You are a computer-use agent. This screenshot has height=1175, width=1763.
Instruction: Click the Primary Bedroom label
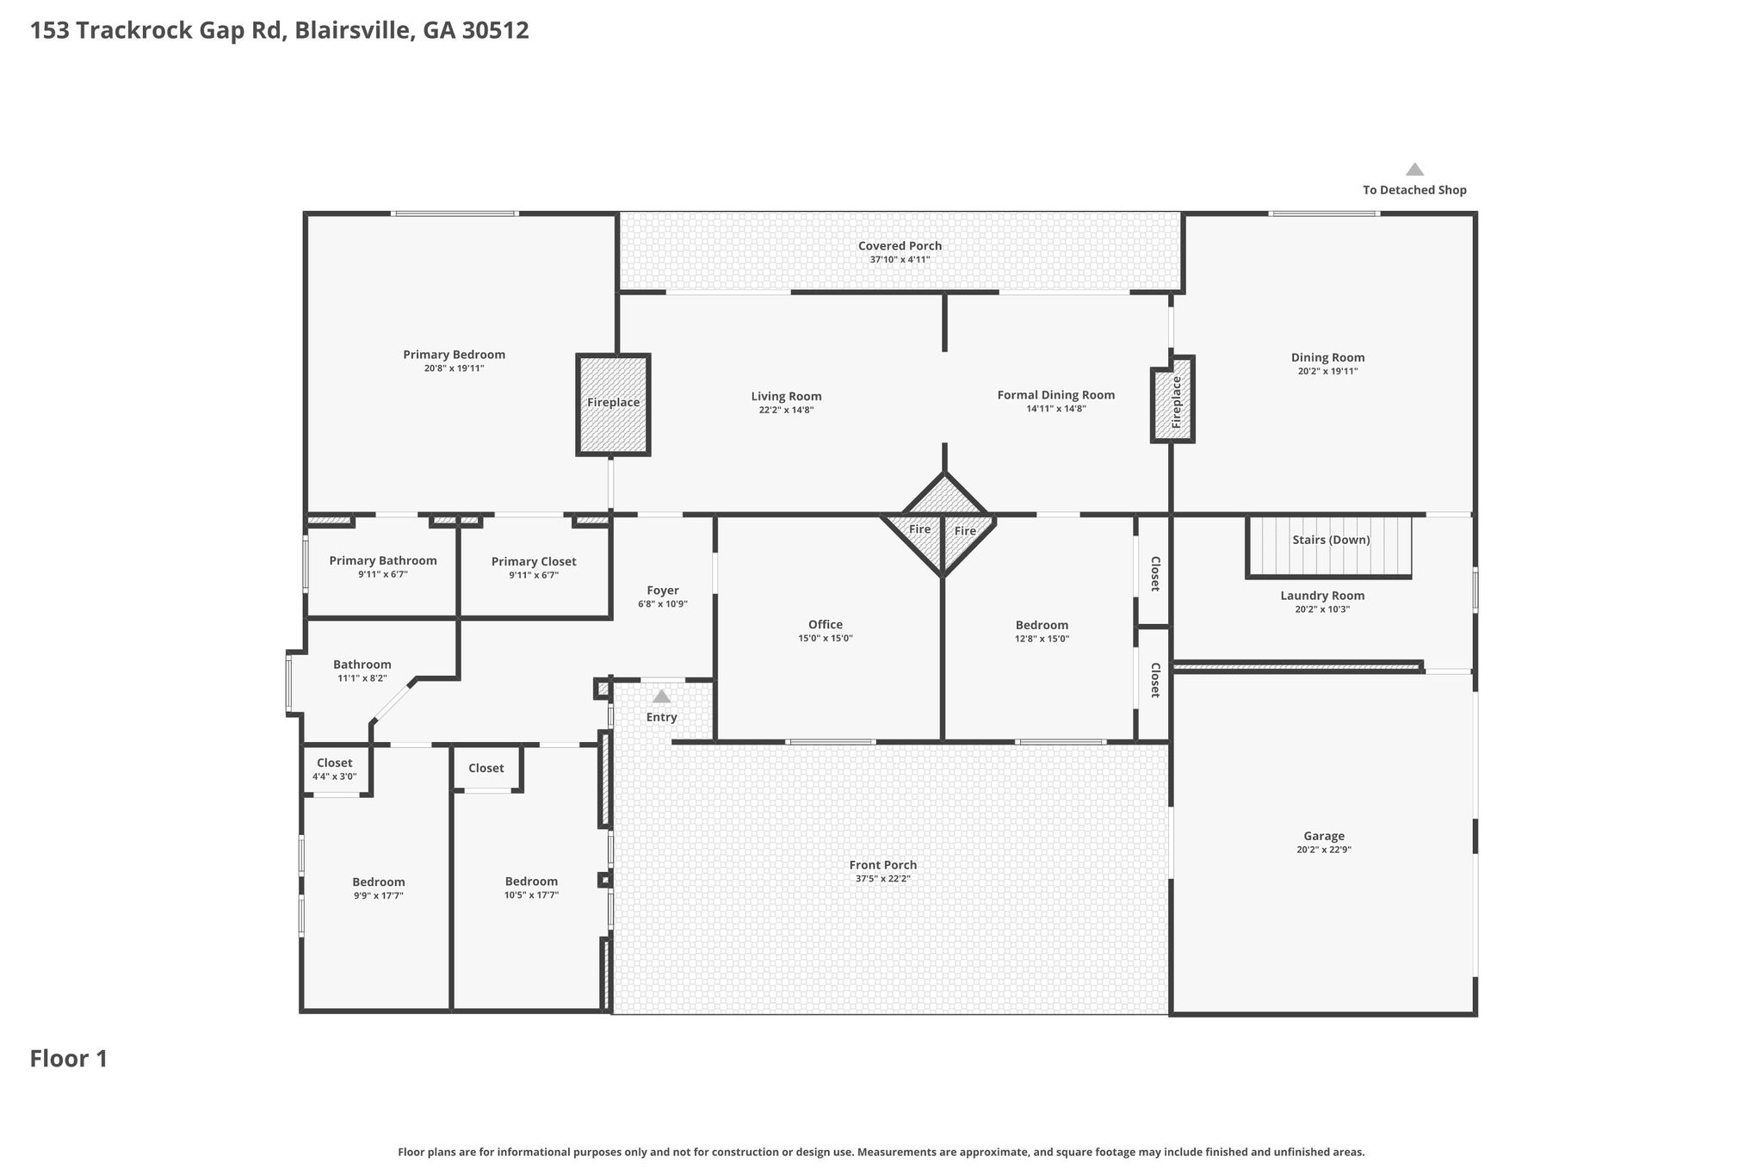tap(454, 355)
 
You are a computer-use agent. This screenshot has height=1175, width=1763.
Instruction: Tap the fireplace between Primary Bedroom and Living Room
tap(613, 405)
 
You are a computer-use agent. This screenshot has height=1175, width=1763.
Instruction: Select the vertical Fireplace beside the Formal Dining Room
tap(1172, 399)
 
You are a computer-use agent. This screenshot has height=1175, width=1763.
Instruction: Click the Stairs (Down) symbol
tap(1329, 546)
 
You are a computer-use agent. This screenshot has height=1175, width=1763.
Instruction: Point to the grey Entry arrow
tap(661, 696)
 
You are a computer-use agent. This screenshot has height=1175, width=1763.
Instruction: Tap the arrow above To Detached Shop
tap(1414, 170)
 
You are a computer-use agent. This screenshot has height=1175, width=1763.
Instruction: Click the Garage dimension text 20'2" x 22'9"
tap(1323, 850)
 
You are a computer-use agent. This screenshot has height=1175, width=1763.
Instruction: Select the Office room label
tap(826, 625)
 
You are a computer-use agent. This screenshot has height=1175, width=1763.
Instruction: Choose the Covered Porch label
tap(900, 246)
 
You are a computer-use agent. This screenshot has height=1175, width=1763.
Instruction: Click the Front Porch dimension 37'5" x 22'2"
tap(882, 879)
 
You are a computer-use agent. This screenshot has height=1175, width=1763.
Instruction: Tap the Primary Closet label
tap(534, 562)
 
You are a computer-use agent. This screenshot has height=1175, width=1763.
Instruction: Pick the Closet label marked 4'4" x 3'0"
tap(334, 763)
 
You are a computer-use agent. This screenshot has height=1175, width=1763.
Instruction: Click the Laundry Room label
tap(1322, 596)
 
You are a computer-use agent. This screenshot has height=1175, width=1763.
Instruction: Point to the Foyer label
tap(663, 591)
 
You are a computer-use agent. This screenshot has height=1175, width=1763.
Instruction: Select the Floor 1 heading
tap(69, 1059)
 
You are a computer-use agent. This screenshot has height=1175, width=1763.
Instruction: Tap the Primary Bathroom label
tap(383, 561)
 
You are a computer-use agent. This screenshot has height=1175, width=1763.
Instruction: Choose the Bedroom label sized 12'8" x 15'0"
tap(1042, 626)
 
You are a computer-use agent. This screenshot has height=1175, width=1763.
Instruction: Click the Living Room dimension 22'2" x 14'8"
tap(786, 411)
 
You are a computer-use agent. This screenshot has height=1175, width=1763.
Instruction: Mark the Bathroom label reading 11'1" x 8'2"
tap(362, 665)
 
